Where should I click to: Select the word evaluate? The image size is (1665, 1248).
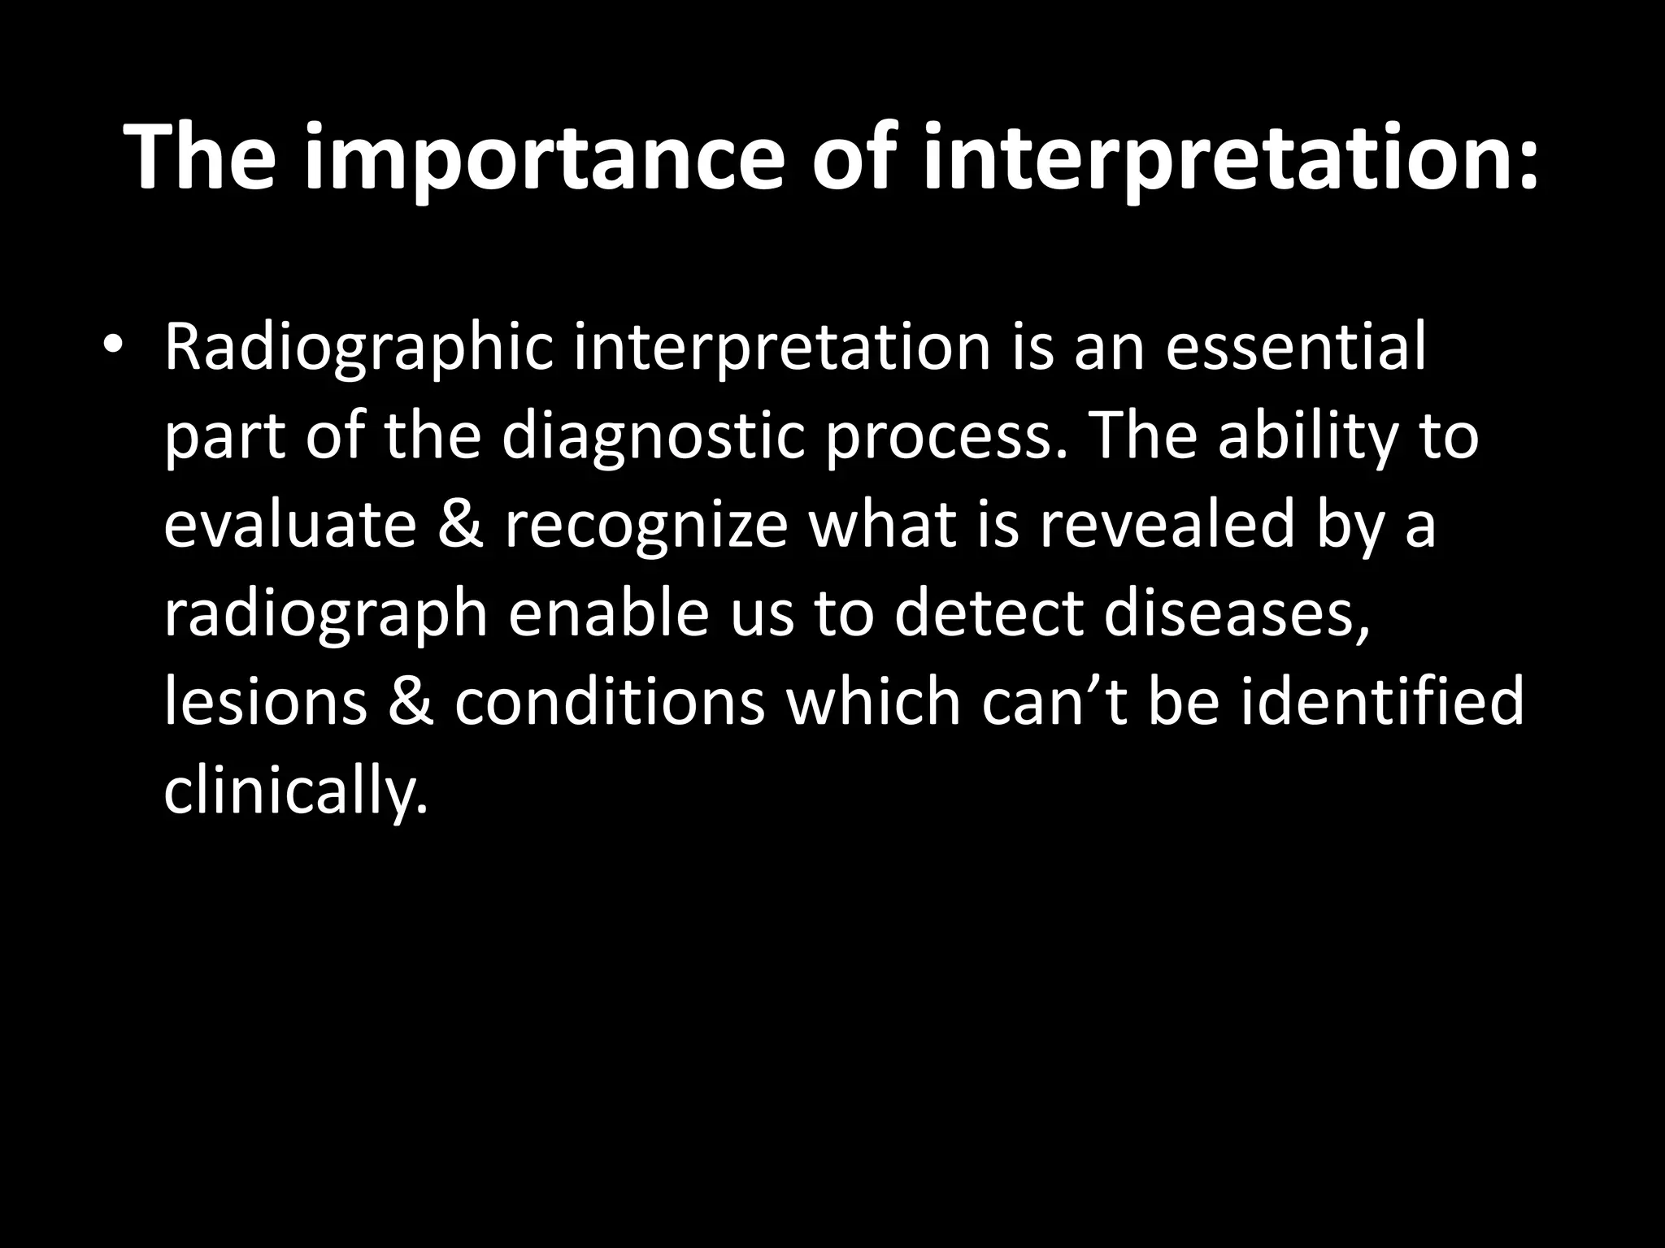[289, 525]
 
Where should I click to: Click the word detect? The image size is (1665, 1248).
[987, 613]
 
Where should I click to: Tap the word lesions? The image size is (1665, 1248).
[265, 702]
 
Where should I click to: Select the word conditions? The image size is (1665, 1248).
[609, 702]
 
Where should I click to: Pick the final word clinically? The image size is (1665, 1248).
[294, 792]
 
